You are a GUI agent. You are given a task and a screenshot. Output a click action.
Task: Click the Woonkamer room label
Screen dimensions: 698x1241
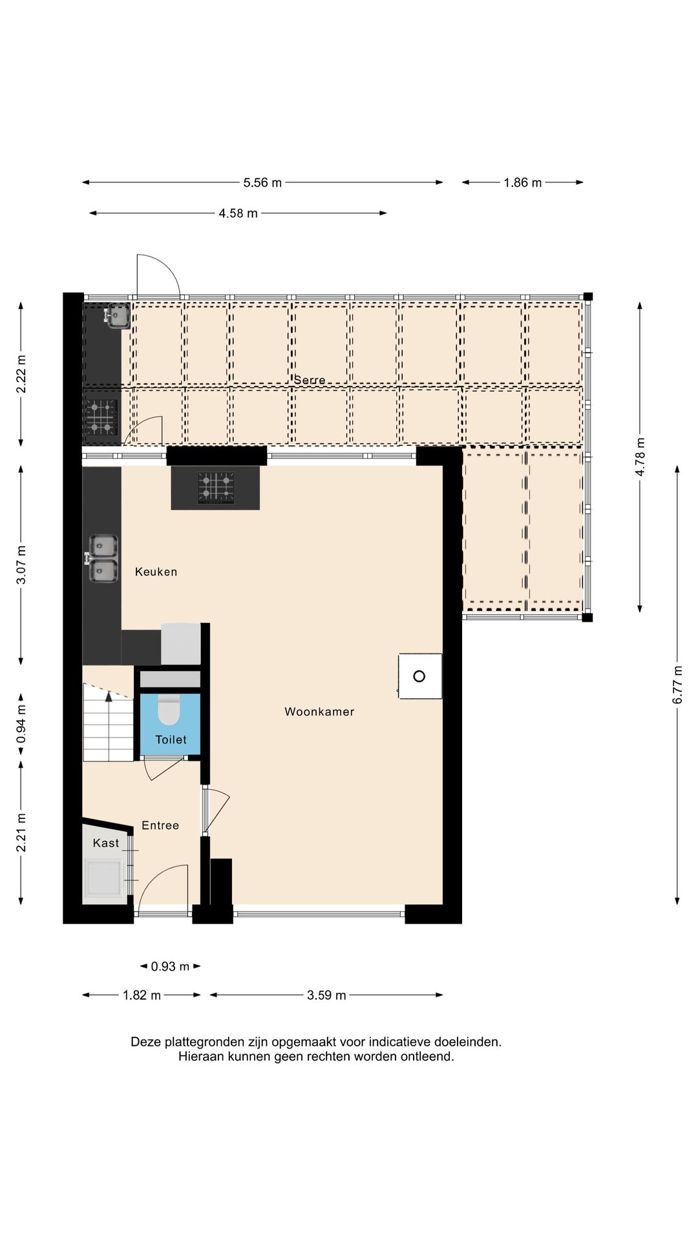coord(319,712)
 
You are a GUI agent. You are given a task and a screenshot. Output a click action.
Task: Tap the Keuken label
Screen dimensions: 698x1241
coord(156,571)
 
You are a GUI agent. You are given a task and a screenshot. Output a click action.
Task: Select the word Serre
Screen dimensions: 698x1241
coord(310,380)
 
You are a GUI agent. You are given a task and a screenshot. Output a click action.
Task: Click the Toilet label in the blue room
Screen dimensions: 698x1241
coord(171,739)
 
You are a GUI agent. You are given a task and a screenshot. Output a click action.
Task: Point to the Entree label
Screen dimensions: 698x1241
coord(160,825)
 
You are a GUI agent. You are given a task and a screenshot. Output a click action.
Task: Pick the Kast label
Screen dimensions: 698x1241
coord(106,843)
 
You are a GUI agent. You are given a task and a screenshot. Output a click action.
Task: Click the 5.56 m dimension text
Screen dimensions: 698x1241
coord(262,183)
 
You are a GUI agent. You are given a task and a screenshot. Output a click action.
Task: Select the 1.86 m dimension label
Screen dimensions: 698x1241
coord(523,183)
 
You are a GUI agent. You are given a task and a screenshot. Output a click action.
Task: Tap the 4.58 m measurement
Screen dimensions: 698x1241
coord(238,213)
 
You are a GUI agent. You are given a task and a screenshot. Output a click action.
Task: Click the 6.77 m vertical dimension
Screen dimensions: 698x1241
coord(677,684)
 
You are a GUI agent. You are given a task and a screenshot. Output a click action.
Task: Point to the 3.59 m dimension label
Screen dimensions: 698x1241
coord(326,995)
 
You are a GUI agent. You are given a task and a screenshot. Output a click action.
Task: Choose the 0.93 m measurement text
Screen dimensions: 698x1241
coord(170,967)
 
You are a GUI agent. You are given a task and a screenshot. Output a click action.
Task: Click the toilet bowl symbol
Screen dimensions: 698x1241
coord(169,710)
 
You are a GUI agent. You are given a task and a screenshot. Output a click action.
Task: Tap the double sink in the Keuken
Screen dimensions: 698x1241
coord(103,558)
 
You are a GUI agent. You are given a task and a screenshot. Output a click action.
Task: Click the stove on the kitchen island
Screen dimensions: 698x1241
coord(215,488)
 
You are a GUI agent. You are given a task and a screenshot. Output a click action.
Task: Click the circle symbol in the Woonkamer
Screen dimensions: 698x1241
coord(419,676)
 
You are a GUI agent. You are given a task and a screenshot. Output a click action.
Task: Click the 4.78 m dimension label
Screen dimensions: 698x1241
coord(640,457)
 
